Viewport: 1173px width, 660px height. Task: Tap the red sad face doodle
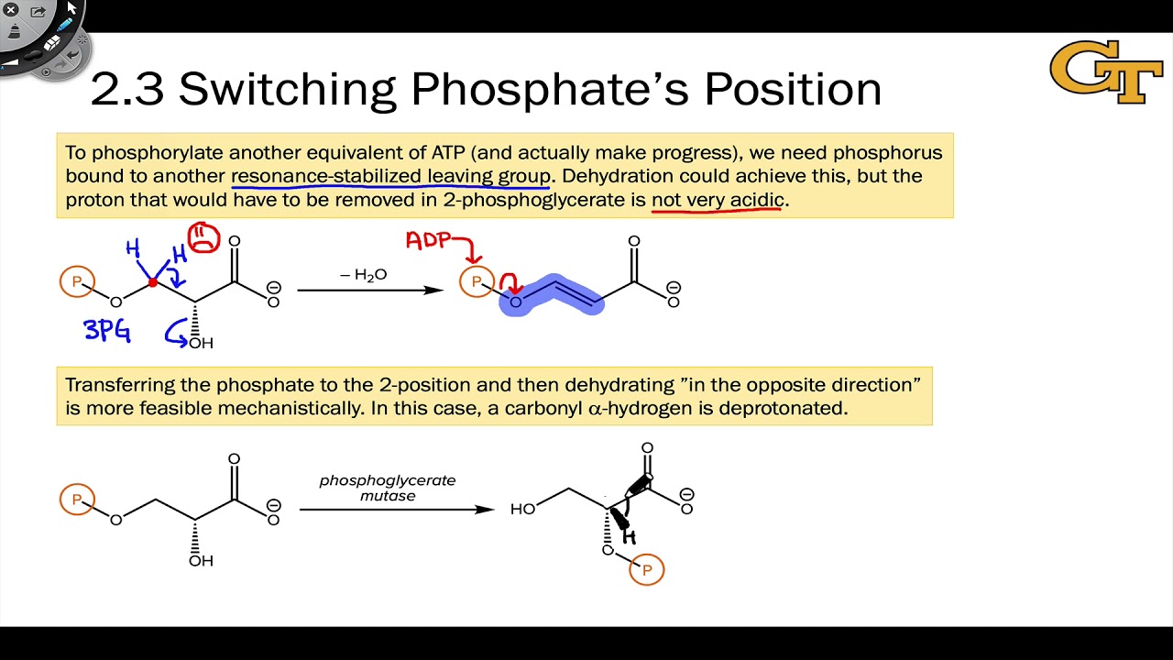[203, 238]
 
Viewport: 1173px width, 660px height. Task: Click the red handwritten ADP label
[428, 240]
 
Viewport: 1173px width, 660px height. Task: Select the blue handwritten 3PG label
[107, 330]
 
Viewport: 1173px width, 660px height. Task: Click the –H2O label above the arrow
[364, 274]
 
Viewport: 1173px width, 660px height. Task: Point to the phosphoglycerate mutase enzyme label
[387, 488]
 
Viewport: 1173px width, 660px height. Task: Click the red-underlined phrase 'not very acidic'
[718, 200]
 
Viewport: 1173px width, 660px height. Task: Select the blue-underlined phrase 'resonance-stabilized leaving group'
[391, 176]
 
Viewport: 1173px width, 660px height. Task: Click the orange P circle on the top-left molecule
[77, 281]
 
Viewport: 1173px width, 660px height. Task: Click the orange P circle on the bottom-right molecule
[647, 570]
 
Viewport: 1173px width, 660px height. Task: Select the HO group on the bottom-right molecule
[522, 508]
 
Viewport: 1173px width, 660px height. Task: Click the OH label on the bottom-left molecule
[201, 559]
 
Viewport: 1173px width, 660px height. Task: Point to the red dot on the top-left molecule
[153, 282]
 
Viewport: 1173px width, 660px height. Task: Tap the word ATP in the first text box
[423, 152]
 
